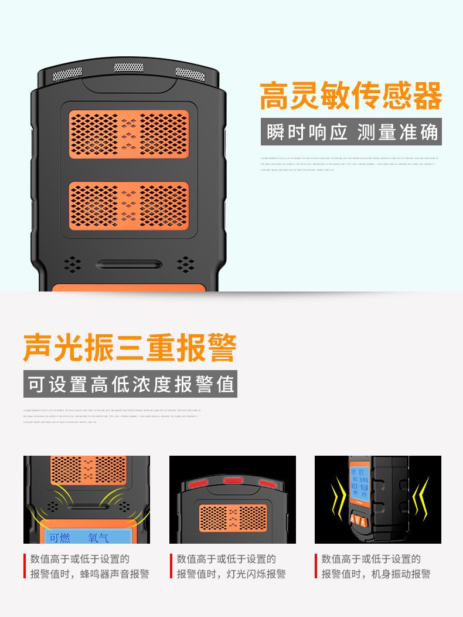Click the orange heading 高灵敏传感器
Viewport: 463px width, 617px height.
[x=350, y=97]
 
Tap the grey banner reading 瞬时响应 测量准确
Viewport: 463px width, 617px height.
[x=351, y=133]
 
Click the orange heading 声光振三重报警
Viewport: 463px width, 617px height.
[x=130, y=348]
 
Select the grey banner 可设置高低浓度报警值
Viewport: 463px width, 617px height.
[x=130, y=384]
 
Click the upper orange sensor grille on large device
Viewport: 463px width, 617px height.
[x=129, y=133]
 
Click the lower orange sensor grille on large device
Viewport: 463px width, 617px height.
[x=129, y=205]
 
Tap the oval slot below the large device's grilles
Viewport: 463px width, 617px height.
[x=129, y=265]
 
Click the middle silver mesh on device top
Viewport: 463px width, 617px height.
[x=128, y=67]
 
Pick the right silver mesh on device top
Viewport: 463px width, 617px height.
[x=190, y=74]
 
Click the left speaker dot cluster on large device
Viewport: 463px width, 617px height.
[x=72, y=264]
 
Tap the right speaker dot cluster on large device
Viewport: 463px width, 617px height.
[x=186, y=264]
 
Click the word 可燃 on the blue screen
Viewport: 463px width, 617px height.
[x=60, y=537]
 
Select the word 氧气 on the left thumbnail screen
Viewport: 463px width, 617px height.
[x=98, y=537]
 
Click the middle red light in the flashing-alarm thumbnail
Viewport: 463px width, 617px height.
[x=233, y=480]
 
